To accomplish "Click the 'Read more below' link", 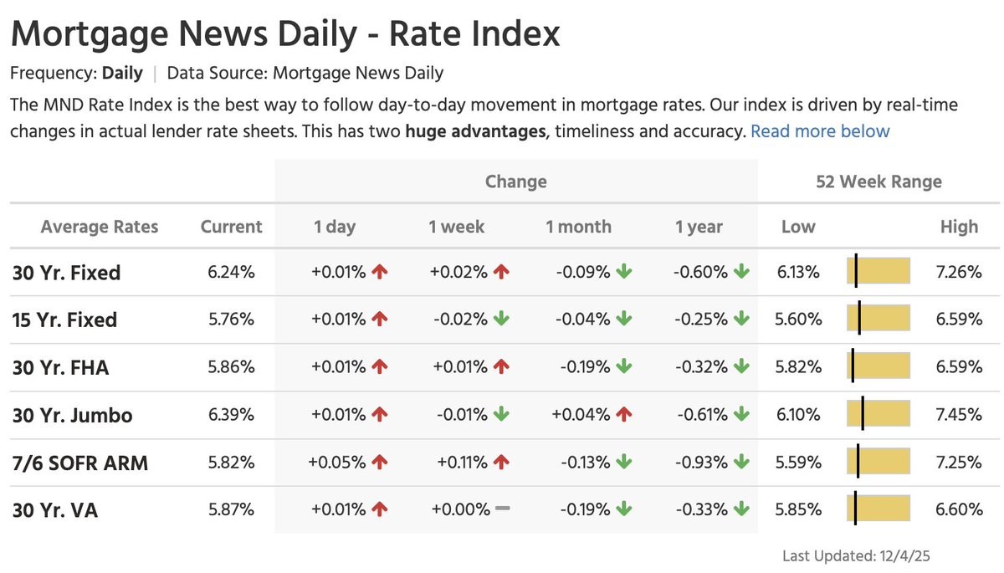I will (820, 131).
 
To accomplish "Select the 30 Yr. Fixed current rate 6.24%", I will (231, 272).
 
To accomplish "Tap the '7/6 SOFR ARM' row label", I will (80, 463).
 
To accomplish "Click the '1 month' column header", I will (578, 227).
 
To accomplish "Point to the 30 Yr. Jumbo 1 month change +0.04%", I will (580, 414).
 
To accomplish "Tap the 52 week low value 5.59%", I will (799, 462).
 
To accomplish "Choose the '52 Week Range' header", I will (878, 182).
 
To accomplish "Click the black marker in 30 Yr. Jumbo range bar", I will (863, 414).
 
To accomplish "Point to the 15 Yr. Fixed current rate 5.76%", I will (231, 320).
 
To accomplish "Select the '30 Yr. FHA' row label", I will (61, 367).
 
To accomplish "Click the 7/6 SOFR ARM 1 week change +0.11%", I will (458, 462).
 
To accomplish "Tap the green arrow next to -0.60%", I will (741, 272).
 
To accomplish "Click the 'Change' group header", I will (515, 182).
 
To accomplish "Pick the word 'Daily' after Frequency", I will (122, 73).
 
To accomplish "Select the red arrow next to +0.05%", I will (380, 462).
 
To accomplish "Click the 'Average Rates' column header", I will (100, 227).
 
